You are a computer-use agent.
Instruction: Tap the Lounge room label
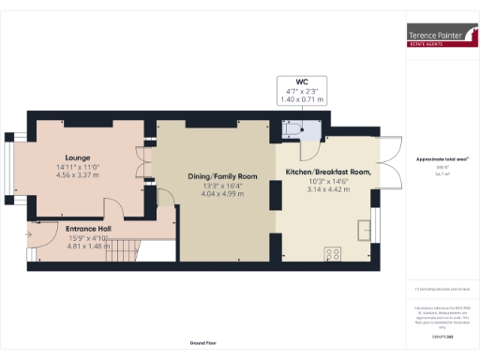point(77,157)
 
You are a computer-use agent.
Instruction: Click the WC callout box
point(302,90)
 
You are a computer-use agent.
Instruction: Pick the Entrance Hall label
point(88,228)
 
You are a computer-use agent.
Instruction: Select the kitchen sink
point(361,229)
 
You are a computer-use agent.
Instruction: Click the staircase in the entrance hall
point(126,249)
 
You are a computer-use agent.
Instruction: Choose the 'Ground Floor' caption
point(203,343)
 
